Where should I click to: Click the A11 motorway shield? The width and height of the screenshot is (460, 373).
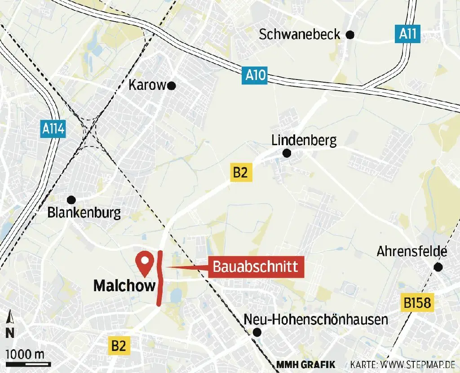coord(407,34)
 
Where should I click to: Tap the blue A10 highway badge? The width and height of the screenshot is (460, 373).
coord(256,75)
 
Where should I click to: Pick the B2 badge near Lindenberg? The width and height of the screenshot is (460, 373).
coord(240,173)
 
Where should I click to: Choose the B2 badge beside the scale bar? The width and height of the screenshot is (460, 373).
coord(119,346)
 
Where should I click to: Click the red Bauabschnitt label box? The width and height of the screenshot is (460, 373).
coord(255,267)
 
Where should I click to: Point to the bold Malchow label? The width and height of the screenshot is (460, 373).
coord(124,286)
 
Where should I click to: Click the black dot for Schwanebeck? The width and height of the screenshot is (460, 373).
coord(350,35)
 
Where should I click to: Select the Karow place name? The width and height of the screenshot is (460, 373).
coord(147,85)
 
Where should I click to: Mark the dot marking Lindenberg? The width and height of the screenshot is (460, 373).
coord(287,154)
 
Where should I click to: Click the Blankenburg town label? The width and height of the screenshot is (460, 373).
coord(84,213)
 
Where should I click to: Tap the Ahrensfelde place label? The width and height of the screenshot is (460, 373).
coord(412,252)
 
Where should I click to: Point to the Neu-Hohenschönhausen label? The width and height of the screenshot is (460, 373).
coord(316,320)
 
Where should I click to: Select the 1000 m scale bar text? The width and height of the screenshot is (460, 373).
coord(25,354)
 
